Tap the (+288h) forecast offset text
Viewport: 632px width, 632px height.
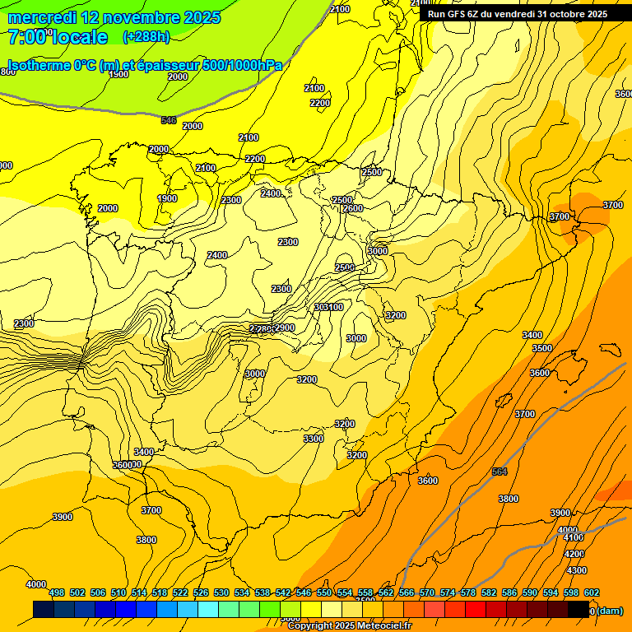146,37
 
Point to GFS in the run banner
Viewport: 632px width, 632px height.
458,14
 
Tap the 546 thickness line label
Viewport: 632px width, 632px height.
169,120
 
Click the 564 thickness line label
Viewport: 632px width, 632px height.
500,472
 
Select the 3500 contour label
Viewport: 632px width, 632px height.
541,348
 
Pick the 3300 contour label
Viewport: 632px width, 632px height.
313,439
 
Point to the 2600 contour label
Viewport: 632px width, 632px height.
352,209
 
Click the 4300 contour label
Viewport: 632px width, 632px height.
577,570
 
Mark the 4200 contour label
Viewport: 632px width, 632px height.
574,554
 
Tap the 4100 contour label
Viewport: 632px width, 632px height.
573,537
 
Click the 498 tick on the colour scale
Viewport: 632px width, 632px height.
57,592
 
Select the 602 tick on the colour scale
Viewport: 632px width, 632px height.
592,592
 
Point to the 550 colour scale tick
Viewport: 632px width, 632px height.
324,592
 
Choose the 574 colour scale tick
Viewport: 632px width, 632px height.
448,592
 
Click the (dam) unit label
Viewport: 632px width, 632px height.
610,611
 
